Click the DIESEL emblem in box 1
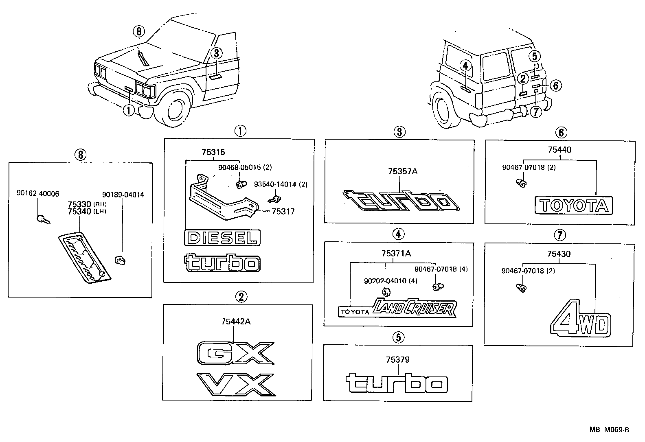(222, 238)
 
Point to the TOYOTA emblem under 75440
(574, 206)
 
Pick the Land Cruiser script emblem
(413, 308)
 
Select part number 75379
(397, 360)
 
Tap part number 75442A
(236, 322)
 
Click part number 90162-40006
(37, 195)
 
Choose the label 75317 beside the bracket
(283, 212)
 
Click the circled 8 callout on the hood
(139, 31)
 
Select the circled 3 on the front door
(216, 53)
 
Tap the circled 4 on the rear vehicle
(465, 66)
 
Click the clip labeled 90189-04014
(120, 258)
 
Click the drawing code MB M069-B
(610, 430)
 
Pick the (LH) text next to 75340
(99, 211)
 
